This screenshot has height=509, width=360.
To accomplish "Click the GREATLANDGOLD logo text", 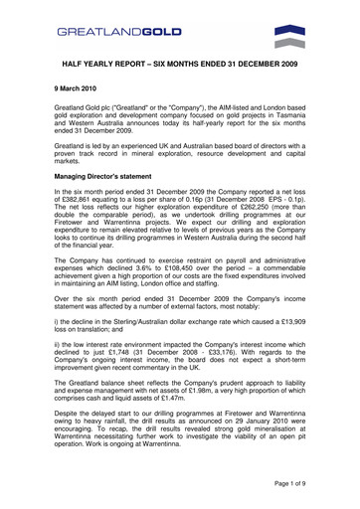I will tap(118, 32).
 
